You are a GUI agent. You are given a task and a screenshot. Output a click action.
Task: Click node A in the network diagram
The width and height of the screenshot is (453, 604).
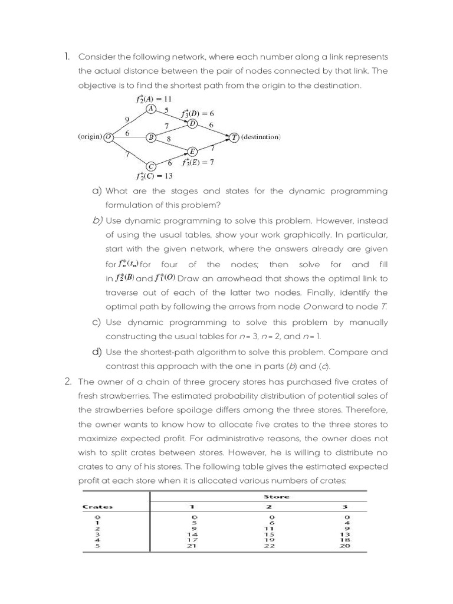151,109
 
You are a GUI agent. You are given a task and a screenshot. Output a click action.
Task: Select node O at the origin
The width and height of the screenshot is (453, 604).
109,137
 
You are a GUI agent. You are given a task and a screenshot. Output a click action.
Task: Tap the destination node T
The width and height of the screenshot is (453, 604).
235,137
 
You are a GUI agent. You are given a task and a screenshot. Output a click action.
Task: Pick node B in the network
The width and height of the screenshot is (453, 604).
151,137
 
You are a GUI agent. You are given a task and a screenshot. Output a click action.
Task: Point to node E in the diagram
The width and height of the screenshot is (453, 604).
192,151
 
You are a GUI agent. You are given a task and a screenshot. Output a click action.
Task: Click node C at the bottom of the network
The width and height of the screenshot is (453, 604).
151,166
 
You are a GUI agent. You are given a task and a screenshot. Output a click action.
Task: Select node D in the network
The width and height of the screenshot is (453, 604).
192,123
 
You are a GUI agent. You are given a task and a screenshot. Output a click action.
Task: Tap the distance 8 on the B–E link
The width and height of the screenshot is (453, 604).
169,139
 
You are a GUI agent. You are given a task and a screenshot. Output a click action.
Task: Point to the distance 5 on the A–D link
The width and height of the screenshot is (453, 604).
167,110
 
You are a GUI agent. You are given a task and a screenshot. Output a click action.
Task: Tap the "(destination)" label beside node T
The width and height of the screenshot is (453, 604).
261,137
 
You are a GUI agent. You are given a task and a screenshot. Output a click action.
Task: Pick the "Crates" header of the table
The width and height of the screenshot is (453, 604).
98,507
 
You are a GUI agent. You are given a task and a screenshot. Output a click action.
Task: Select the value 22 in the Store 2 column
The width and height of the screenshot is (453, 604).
269,546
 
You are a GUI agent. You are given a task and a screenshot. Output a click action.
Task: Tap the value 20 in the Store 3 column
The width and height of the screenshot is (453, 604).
346,546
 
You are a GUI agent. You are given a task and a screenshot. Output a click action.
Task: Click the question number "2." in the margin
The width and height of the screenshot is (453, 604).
68,382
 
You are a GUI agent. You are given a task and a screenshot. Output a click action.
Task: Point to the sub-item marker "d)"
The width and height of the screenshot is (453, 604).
97,352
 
